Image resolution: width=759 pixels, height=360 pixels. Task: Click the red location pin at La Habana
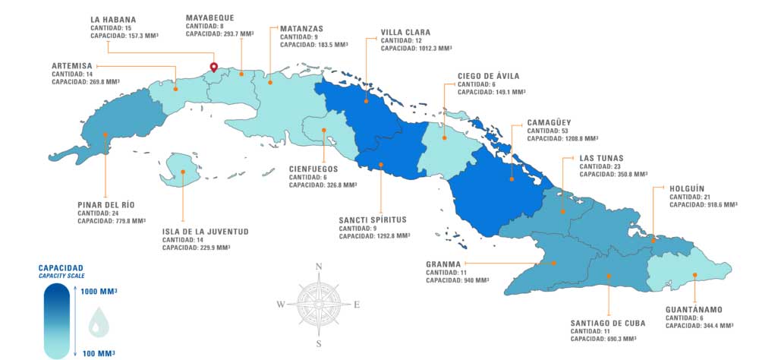coord(214,68)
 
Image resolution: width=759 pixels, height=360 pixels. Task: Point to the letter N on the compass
coord(319,266)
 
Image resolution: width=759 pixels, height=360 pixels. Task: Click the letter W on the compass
coord(280,305)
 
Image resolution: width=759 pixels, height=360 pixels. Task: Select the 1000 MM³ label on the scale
coord(98,292)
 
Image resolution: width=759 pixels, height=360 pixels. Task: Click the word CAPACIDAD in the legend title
coord(61,268)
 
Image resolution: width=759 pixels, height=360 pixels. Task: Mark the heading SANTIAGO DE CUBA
coord(608,323)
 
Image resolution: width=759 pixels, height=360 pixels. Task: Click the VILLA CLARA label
coord(405,32)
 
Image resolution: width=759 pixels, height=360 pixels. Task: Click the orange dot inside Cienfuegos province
coord(324,130)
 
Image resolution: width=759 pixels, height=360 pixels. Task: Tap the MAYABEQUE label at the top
coord(210,17)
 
